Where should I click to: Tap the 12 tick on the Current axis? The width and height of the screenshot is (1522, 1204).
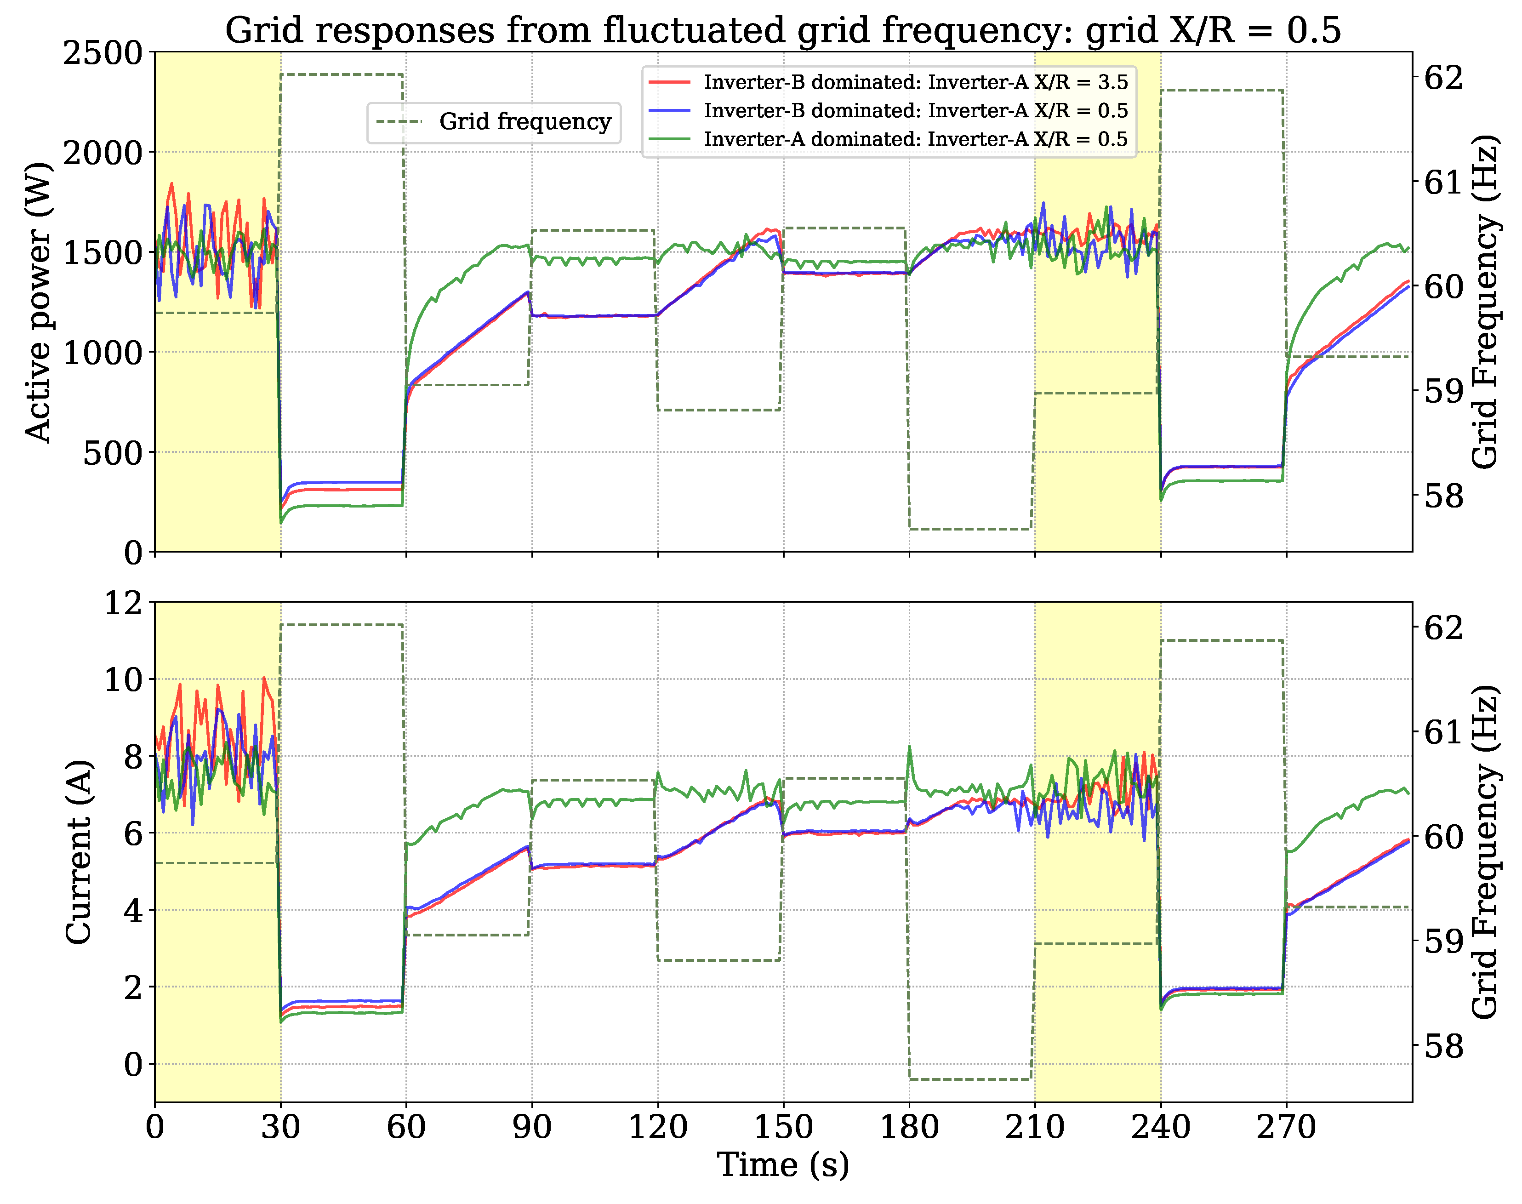coord(123,604)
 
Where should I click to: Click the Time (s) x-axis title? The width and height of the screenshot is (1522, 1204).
coord(782,1164)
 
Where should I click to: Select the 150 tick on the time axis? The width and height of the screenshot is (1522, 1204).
coord(783,1126)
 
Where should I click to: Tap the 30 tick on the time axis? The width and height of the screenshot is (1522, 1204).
coord(280,1126)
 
